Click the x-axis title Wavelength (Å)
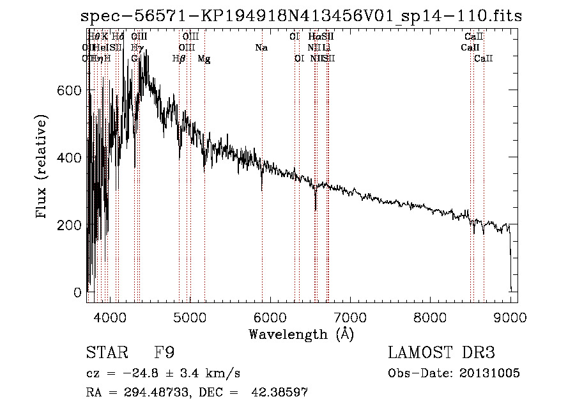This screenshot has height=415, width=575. pyautogui.click(x=301, y=333)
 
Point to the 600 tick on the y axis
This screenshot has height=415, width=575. pyautogui.click(x=71, y=91)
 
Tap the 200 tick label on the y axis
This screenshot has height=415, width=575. pyautogui.click(x=71, y=225)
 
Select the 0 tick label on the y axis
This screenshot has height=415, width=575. pyautogui.click(x=78, y=293)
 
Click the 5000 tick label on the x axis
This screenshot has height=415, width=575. pyautogui.click(x=190, y=316)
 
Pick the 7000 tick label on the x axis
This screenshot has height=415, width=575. pyautogui.click(x=350, y=316)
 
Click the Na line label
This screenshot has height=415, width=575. pyautogui.click(x=261, y=48)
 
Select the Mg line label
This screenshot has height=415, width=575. pyautogui.click(x=204, y=59)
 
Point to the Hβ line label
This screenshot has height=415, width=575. pyautogui.click(x=179, y=59)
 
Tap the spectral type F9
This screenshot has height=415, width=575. pyautogui.click(x=164, y=353)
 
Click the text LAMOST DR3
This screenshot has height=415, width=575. pyautogui.click(x=441, y=353)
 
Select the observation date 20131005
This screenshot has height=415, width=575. pyautogui.click(x=494, y=373)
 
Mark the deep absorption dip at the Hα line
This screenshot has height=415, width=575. pyautogui.click(x=316, y=208)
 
